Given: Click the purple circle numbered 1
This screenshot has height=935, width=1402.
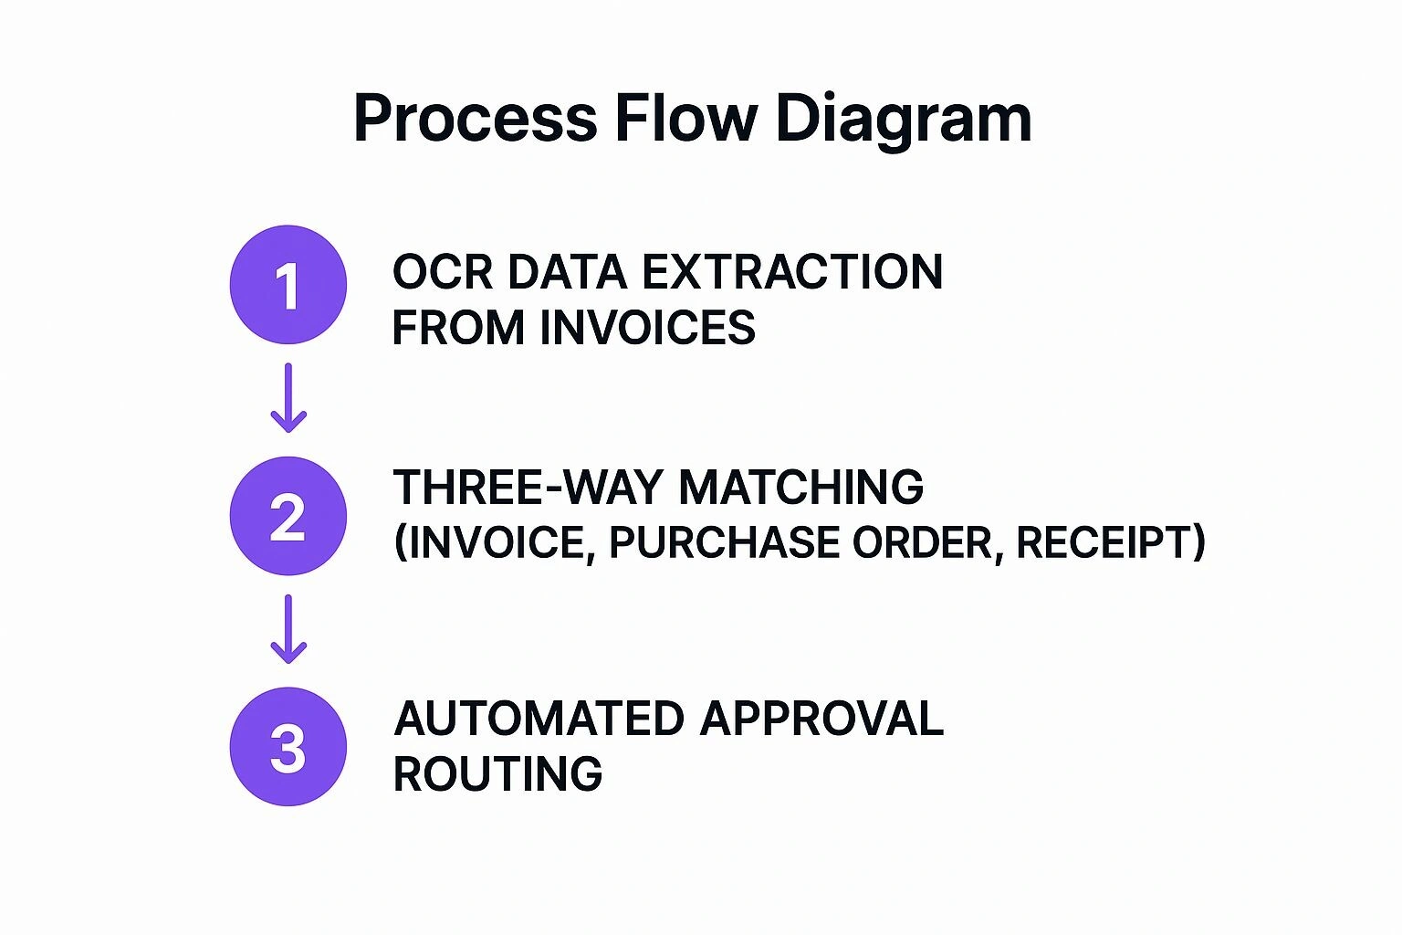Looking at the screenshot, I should coord(288,285).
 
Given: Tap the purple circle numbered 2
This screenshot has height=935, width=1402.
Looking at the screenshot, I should coord(288,516).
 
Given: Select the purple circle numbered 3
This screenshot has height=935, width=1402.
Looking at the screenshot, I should coord(288,747).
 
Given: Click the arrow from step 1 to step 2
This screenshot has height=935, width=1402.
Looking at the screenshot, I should coord(288,398).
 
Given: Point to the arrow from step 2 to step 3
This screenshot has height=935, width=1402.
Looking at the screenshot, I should coord(288,629).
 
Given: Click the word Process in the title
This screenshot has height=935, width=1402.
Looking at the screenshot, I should coord(475,119).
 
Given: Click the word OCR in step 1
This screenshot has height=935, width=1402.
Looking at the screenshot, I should coord(443,272).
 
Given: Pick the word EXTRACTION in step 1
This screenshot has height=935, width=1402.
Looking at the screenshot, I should coord(792,272).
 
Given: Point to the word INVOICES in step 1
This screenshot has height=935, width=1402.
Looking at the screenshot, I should coord(647,328).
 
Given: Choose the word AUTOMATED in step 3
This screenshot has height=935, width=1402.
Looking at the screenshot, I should coord(539,719).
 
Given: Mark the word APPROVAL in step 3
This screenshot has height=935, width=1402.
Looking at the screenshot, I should coord(821,719).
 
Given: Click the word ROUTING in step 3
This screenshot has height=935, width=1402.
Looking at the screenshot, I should coord(497,774).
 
